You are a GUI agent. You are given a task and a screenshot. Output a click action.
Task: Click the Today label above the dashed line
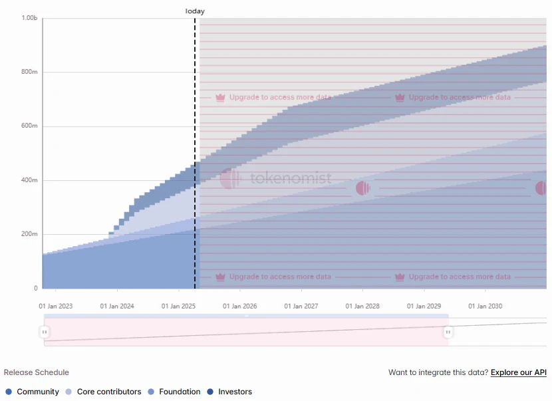[195, 11]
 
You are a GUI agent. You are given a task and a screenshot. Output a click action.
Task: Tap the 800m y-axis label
[30, 72]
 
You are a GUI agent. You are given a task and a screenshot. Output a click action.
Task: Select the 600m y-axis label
[30, 126]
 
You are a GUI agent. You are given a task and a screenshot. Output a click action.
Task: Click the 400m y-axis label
[30, 180]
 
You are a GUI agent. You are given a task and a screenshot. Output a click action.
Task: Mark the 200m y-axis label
[30, 234]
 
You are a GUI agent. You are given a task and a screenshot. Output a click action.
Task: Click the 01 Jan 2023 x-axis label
[56, 307]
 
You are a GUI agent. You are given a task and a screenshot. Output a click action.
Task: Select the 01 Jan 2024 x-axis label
[117, 307]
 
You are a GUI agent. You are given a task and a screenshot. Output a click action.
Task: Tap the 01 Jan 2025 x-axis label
[179, 307]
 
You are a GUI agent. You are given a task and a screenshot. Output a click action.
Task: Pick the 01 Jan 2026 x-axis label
[240, 307]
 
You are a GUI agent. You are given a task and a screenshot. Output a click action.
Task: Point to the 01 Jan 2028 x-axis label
[363, 307]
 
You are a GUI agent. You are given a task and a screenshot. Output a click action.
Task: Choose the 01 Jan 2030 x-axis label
[485, 307]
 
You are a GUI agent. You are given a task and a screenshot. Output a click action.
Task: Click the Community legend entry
[33, 392]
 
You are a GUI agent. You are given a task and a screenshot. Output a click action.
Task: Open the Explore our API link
[519, 372]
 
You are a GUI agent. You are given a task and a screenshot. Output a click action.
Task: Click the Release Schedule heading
[37, 372]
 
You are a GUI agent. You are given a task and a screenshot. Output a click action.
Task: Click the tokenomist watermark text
[291, 178]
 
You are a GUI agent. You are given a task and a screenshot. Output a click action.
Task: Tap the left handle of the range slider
[45, 332]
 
